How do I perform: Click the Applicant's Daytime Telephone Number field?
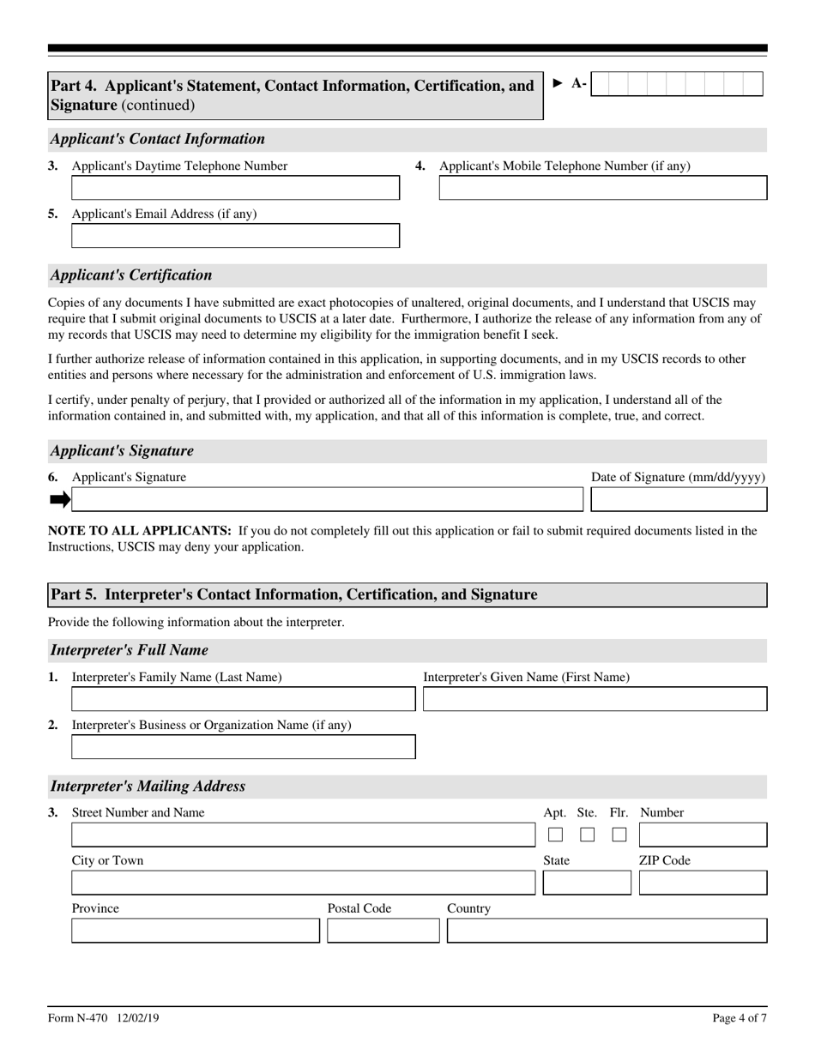(x=235, y=188)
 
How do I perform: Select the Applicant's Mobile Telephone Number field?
(x=602, y=188)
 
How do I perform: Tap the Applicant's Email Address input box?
(x=235, y=236)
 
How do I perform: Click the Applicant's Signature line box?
(x=326, y=499)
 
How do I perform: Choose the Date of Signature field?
(x=679, y=499)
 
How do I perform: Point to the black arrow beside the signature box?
(x=59, y=499)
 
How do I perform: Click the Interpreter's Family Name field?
(x=243, y=699)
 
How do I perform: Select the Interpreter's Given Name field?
(x=595, y=699)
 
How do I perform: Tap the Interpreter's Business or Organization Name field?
(x=243, y=747)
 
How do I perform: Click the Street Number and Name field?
(x=291, y=835)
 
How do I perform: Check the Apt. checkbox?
(x=556, y=835)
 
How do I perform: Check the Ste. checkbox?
(x=588, y=835)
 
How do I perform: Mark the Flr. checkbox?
(x=619, y=835)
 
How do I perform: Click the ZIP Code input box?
(x=703, y=883)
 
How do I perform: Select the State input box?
(x=587, y=883)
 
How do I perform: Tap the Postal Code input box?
(x=383, y=931)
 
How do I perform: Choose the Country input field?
(x=607, y=931)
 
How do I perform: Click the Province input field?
(x=195, y=931)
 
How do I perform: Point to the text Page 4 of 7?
(x=739, y=1018)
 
